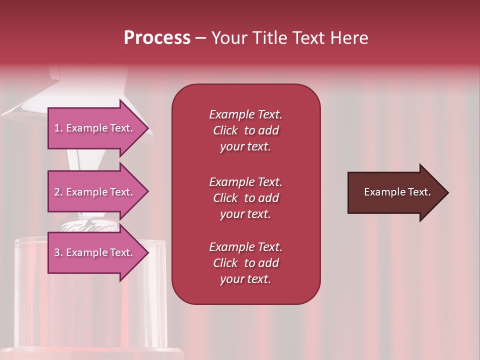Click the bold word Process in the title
[x=157, y=38]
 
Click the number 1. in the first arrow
[x=58, y=128]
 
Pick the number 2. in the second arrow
[x=58, y=192]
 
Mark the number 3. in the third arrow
[x=58, y=253]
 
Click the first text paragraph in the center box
[x=245, y=130]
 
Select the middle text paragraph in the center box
[x=245, y=198]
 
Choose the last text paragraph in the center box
[x=245, y=263]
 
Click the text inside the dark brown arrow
[x=397, y=192]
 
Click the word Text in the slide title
[x=308, y=38]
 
